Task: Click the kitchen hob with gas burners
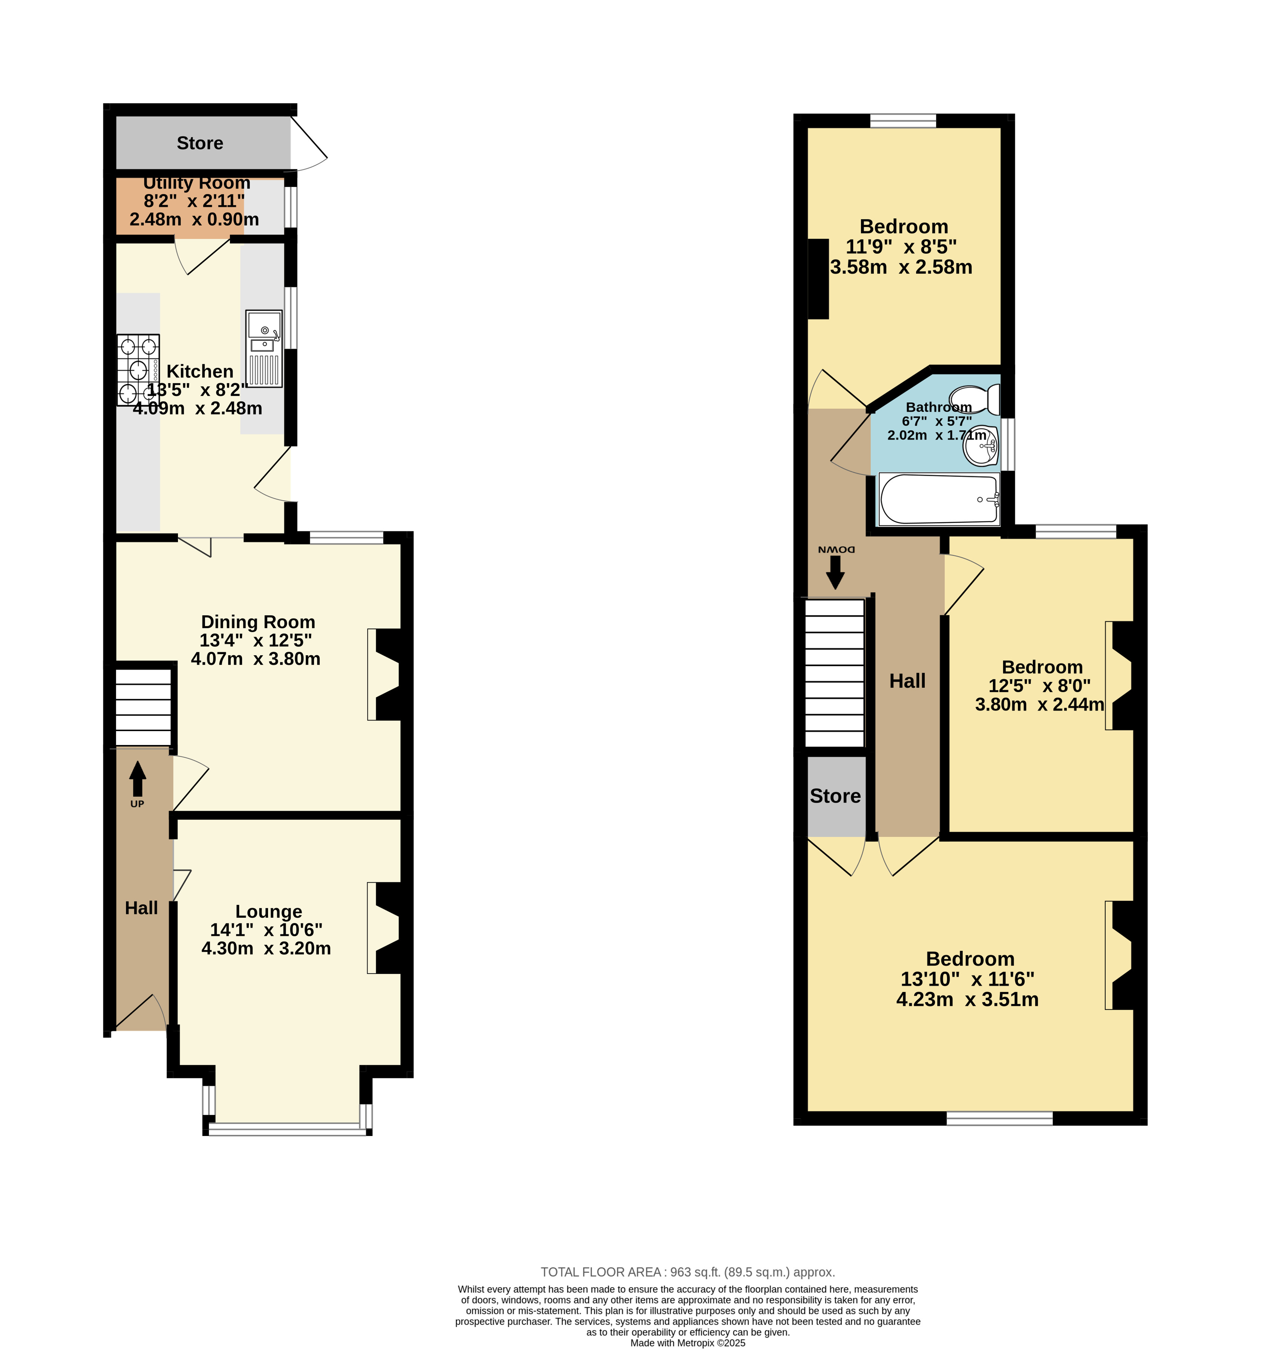pyautogui.click(x=138, y=370)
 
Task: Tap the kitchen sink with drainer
pyautogui.click(x=264, y=349)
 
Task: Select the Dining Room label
pyautogui.click(x=258, y=622)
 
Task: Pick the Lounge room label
pyautogui.click(x=269, y=911)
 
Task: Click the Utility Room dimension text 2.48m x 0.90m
pyautogui.click(x=194, y=219)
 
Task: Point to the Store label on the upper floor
pyautogui.click(x=835, y=796)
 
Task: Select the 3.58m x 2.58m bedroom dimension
pyautogui.click(x=901, y=267)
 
